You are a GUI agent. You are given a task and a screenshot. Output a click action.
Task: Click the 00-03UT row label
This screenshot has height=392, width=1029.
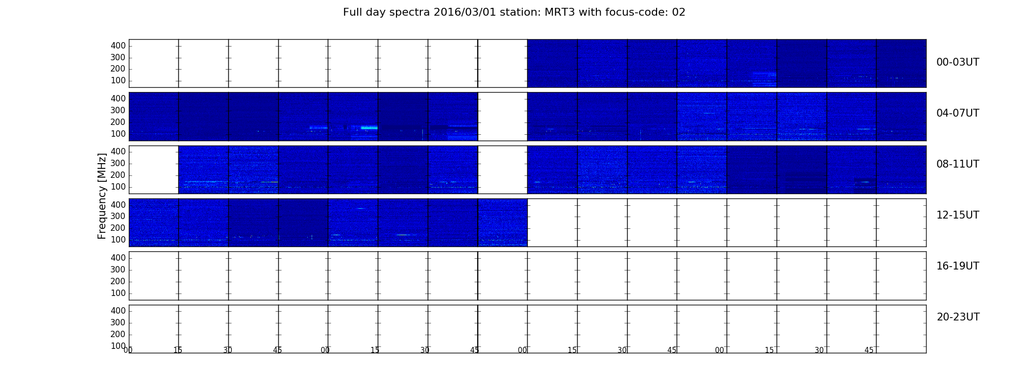pos(958,62)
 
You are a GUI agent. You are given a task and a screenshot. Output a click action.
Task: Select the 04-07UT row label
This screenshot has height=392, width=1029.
pos(958,113)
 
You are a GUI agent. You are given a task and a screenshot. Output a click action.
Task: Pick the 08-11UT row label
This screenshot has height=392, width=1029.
pos(958,164)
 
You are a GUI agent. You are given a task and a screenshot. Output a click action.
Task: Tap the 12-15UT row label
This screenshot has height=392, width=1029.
pos(958,215)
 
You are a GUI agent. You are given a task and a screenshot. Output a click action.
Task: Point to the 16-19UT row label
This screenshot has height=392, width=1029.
pos(958,266)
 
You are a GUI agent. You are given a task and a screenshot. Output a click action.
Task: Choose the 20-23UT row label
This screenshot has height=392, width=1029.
pos(958,317)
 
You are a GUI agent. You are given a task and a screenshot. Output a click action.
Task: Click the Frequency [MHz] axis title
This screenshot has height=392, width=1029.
pos(102,196)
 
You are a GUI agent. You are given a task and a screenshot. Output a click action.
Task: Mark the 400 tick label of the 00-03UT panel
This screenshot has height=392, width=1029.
pos(118,46)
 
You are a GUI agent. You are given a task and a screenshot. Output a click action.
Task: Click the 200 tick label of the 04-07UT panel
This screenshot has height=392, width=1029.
pos(118,122)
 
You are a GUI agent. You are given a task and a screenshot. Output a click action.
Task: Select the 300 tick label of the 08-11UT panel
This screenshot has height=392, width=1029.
pos(118,163)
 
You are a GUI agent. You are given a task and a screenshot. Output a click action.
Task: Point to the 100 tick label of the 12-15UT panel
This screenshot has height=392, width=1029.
pos(118,240)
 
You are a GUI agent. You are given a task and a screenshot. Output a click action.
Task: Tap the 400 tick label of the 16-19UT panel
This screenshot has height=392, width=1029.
pos(118,258)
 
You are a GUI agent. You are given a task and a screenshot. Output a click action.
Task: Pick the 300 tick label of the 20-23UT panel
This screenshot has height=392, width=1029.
pos(118,322)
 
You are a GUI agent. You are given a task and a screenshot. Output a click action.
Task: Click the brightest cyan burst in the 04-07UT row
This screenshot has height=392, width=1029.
pos(369,128)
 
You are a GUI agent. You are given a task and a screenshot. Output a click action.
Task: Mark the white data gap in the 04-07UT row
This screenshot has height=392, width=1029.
pos(502,117)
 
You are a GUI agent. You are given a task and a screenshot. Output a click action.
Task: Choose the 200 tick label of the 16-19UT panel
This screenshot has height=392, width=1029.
pos(118,281)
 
